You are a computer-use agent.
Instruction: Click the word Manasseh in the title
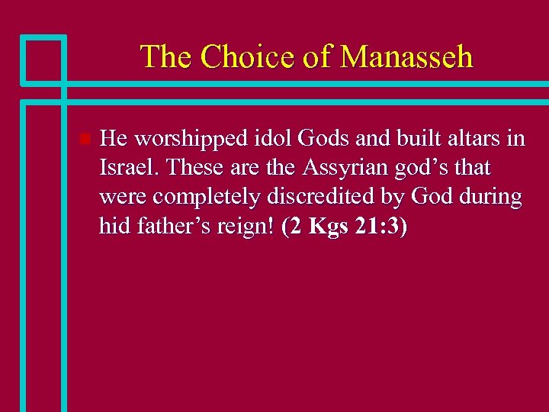point(406,56)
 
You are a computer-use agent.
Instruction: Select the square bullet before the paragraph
point(85,139)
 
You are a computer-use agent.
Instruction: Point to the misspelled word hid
point(113,226)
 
